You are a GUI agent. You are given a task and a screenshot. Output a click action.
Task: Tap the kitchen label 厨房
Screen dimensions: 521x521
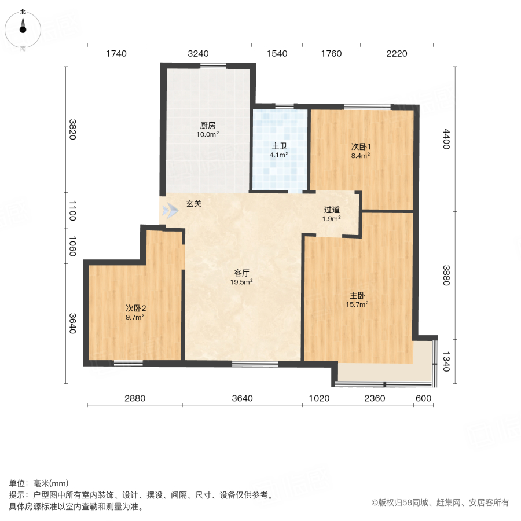point(208,125)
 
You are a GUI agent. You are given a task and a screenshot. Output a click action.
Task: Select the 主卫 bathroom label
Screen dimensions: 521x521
point(280,146)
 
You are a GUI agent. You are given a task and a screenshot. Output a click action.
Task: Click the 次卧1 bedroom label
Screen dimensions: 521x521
point(360,146)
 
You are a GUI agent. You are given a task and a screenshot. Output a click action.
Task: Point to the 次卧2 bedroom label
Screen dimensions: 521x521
point(135,307)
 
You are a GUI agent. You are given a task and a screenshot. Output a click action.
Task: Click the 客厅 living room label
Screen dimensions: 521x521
point(242,272)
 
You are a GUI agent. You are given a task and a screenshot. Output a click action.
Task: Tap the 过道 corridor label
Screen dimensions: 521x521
point(332,210)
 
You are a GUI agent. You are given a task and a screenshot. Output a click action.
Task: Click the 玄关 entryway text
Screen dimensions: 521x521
point(194,204)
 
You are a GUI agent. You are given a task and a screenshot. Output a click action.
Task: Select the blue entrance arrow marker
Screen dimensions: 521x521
point(170,210)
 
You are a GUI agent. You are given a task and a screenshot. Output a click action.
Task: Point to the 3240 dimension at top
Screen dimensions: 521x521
point(198,54)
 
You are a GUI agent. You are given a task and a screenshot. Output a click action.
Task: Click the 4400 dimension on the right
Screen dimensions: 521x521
point(446,139)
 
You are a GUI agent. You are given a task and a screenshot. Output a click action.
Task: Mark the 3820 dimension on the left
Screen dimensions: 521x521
point(72,130)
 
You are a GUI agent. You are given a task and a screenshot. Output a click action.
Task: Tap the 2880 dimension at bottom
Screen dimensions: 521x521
point(134,398)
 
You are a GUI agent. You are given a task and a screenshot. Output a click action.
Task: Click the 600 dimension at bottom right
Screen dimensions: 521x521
point(424,398)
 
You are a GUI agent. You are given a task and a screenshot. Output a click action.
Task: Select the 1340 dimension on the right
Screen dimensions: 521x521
point(446,362)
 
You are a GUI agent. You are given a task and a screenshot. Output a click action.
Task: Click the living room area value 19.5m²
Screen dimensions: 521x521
point(242,282)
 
